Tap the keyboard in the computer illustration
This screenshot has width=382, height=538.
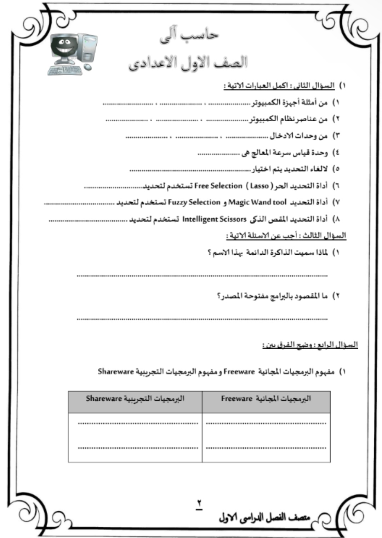point(64,70)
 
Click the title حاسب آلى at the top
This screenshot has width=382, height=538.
point(189,36)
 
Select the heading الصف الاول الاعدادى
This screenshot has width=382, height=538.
point(188,63)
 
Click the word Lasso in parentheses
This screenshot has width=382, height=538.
point(260,186)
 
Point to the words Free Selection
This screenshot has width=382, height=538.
point(218,186)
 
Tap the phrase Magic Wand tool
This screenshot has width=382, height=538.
point(257,202)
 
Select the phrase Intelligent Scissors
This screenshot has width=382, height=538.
point(214,219)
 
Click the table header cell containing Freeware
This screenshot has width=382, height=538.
point(266,402)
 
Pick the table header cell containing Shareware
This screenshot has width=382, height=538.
point(135,402)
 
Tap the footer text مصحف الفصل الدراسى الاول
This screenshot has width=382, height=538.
point(264,518)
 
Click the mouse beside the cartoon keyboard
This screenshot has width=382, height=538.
point(87,67)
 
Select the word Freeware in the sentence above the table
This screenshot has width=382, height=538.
point(239,372)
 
